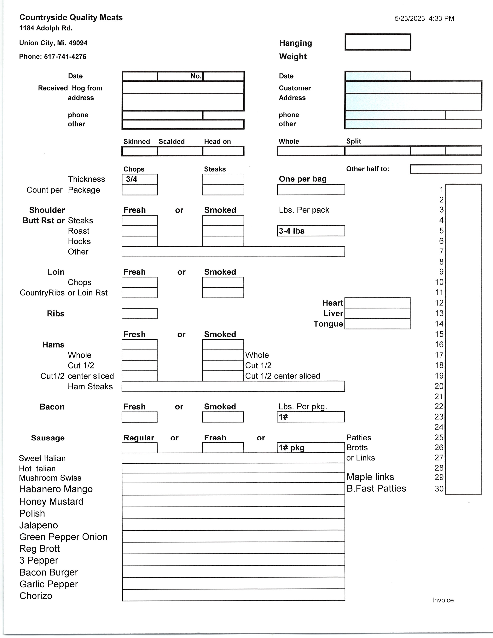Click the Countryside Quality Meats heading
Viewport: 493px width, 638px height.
(71, 18)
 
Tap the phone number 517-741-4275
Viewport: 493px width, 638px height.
(65, 56)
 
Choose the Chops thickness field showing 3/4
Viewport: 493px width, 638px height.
(140, 179)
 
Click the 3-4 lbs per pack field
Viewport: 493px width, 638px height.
(311, 231)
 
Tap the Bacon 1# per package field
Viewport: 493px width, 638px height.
(311, 417)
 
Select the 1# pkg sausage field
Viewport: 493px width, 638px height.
(311, 448)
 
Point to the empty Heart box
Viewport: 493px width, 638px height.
(377, 303)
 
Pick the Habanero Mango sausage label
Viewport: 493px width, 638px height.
(56, 489)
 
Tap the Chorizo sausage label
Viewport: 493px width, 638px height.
(36, 596)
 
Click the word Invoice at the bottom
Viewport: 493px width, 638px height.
(443, 600)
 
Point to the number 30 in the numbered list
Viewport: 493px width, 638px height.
(439, 489)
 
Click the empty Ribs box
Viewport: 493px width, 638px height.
(140, 313)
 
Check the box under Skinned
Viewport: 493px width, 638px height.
(140, 151)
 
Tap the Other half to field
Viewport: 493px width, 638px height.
(446, 169)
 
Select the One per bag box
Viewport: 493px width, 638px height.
(311, 190)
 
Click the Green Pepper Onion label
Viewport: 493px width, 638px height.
(63, 537)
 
